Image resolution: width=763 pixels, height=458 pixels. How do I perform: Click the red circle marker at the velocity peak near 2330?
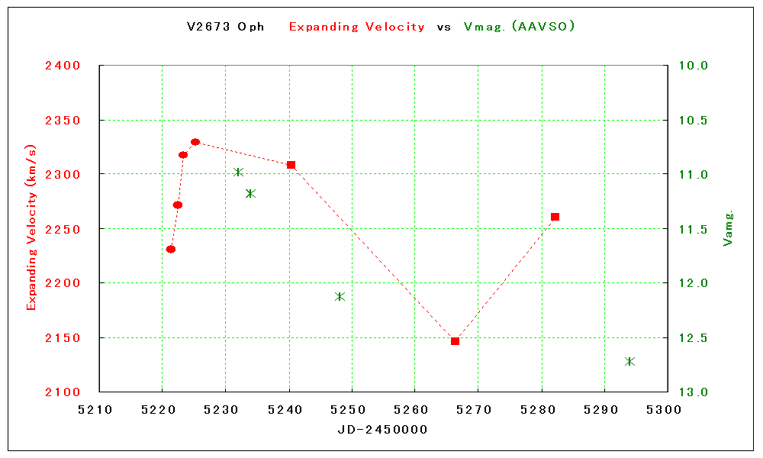[195, 142]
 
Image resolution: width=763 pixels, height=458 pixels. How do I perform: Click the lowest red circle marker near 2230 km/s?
[171, 250]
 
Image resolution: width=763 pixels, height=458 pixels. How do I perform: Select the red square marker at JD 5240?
[291, 165]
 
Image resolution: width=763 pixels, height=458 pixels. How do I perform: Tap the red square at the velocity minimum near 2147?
[455, 341]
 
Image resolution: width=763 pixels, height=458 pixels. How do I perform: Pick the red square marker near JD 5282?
[555, 217]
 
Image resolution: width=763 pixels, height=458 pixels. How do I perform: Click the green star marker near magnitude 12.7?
[629, 361]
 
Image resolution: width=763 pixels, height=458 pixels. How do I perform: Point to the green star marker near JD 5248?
[340, 296]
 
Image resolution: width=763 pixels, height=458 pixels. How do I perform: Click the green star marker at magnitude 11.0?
[238, 173]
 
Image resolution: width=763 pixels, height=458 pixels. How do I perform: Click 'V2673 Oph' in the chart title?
[226, 27]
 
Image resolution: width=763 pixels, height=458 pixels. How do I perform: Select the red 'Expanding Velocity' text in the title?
[356, 27]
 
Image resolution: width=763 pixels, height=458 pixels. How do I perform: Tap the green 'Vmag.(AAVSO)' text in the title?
[519, 27]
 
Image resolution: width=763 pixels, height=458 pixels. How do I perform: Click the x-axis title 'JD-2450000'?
[382, 430]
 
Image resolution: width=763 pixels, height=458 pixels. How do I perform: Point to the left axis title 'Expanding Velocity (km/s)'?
[31, 227]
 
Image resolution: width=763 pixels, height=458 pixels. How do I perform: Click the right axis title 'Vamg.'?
[728, 228]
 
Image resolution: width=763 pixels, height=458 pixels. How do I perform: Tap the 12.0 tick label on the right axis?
[693, 283]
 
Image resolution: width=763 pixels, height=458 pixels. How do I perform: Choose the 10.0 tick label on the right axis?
[693, 66]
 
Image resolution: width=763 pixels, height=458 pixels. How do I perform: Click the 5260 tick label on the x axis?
[414, 409]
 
